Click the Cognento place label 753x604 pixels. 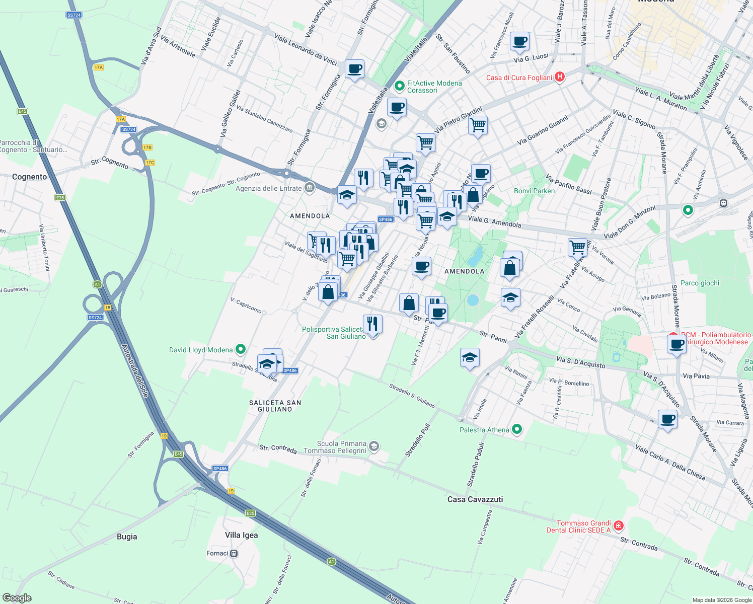click(x=29, y=177)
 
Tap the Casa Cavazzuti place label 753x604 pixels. click(x=475, y=499)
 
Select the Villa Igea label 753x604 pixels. click(x=242, y=535)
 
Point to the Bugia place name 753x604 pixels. click(x=127, y=537)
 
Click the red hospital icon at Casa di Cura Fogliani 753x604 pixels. click(x=559, y=77)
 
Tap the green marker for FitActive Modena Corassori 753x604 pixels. click(x=400, y=86)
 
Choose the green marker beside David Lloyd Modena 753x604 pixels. click(x=241, y=349)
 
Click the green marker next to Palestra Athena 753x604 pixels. click(x=516, y=429)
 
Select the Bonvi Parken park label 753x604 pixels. click(x=534, y=191)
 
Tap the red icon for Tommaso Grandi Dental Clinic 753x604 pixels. click(x=619, y=526)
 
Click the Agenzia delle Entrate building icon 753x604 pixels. click(x=310, y=188)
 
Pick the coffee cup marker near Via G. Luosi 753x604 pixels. click(x=519, y=41)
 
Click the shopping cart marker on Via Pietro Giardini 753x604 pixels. click(x=478, y=124)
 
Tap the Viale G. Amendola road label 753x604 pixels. click(x=494, y=221)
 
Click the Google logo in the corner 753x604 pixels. click(x=17, y=597)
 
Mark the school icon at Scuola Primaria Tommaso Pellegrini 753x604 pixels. click(x=373, y=446)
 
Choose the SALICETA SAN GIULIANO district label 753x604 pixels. click(x=275, y=406)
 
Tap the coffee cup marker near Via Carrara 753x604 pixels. click(x=667, y=419)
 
